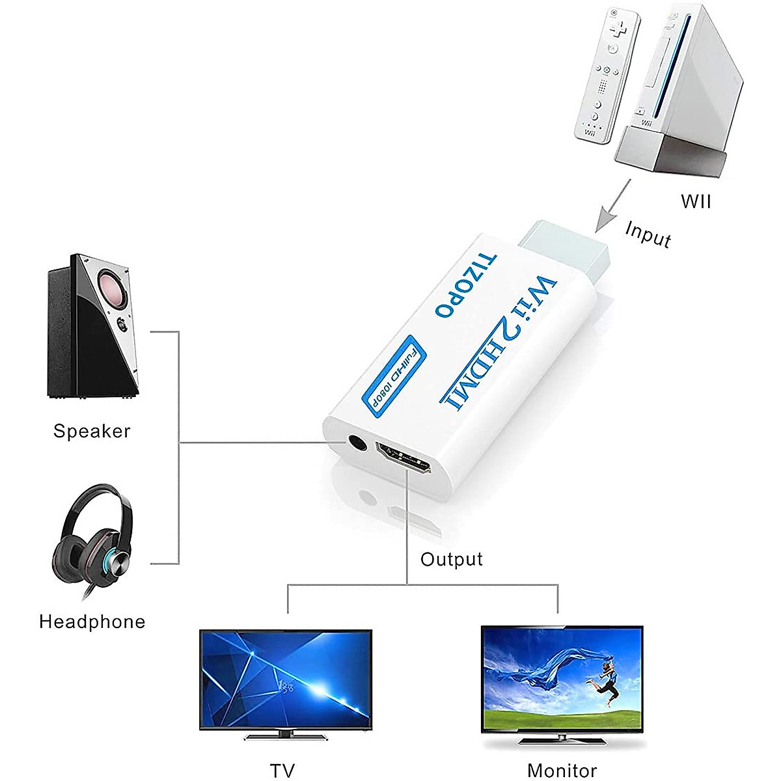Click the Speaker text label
[92, 431]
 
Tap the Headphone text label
[92, 622]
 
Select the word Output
[452, 559]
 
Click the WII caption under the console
[696, 201]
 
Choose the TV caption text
[283, 771]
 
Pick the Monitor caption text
[562, 771]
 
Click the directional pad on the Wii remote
[614, 29]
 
